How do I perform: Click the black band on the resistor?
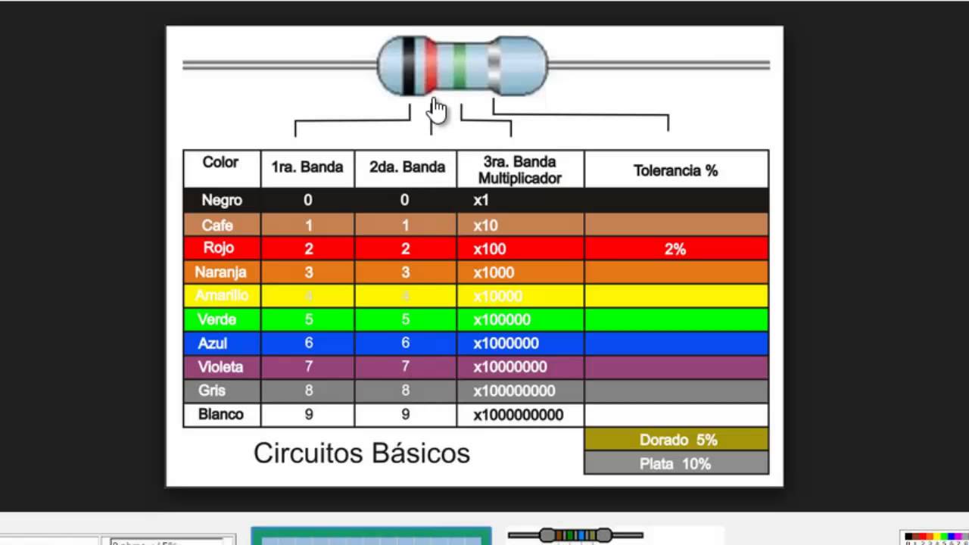point(408,66)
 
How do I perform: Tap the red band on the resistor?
point(431,67)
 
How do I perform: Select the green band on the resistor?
point(459,67)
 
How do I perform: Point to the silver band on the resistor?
point(494,67)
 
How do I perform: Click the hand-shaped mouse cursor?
point(437,110)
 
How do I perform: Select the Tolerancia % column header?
point(675,170)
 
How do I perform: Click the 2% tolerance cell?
point(675,248)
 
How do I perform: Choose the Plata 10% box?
point(675,463)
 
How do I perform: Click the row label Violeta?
point(220,367)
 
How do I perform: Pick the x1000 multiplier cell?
point(494,272)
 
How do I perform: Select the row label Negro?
point(221,201)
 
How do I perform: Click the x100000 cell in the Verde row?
point(502,319)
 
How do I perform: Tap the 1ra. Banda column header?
point(307,167)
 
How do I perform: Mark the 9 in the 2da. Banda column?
point(405,415)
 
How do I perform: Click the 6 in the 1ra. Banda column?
point(308,343)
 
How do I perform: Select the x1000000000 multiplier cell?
point(519,415)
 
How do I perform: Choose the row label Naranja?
point(220,272)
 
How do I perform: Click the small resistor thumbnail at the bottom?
point(575,535)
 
